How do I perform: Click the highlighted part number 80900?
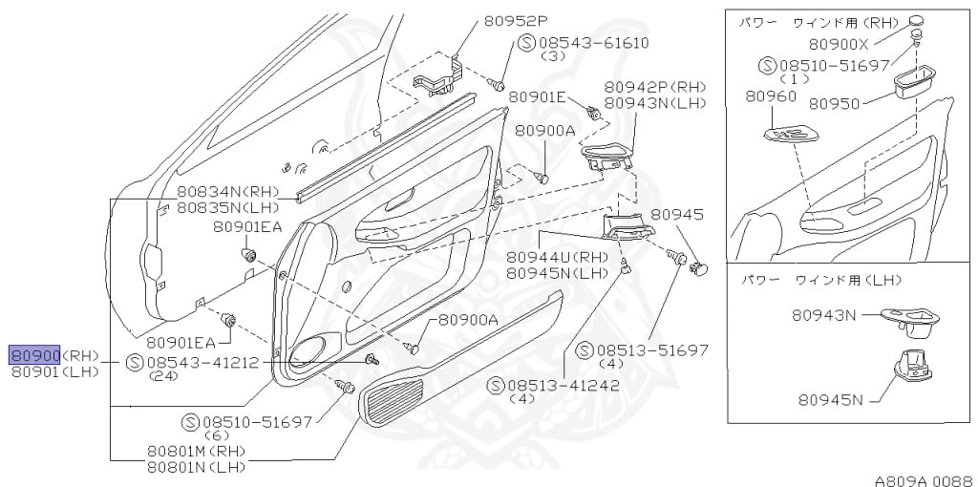tap(35, 355)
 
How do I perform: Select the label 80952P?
tap(516, 19)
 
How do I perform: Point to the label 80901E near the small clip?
tap(538, 96)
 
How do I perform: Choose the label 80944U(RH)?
tap(557, 258)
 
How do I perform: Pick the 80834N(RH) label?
tap(213, 192)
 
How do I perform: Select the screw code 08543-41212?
tap(202, 363)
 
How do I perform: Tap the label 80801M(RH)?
tap(196, 451)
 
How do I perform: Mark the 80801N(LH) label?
tap(196, 466)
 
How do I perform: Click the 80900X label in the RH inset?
tap(839, 44)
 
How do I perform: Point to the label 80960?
tap(771, 96)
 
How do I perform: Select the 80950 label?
tap(834, 103)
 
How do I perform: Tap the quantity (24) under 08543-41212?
tap(164, 376)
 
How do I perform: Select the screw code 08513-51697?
tap(653, 350)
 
